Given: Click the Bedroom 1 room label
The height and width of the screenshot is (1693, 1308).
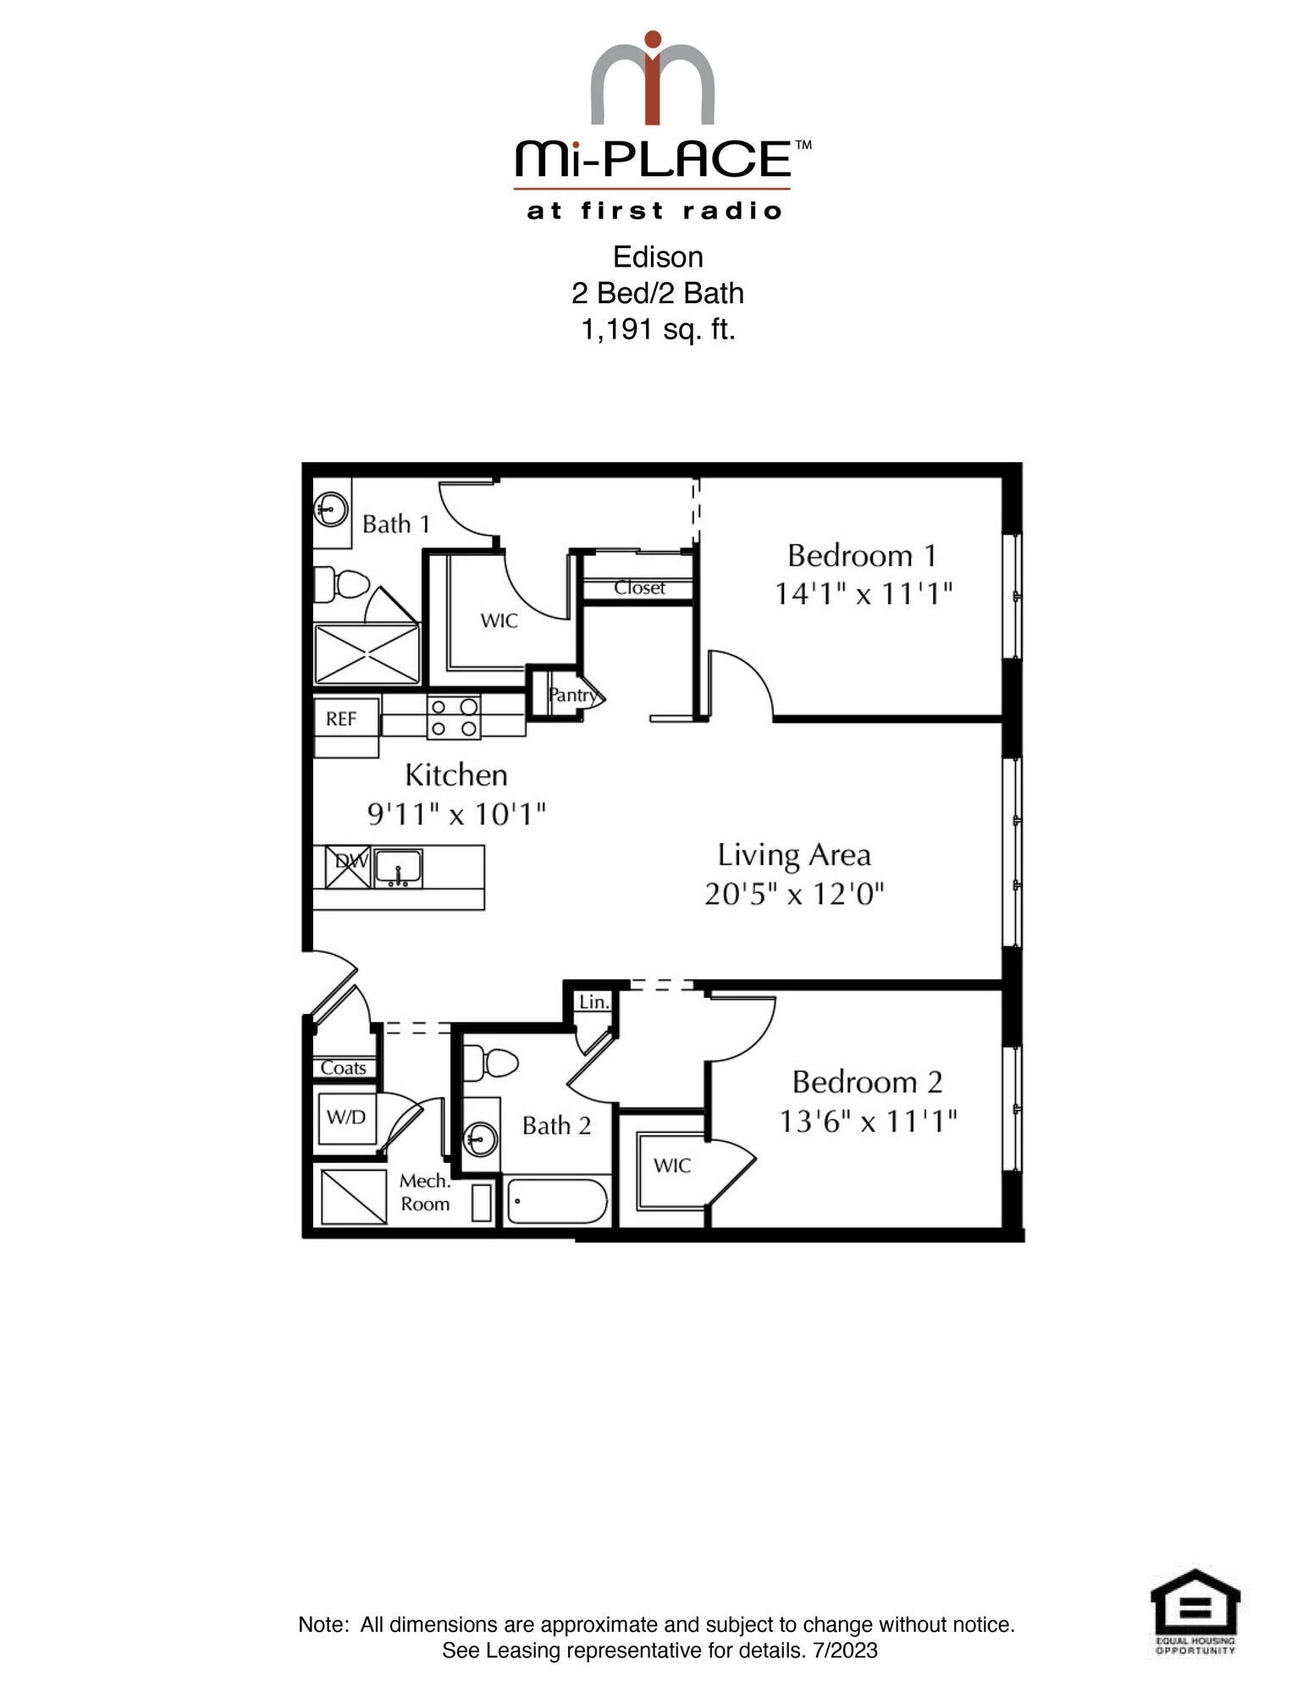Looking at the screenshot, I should click(x=862, y=556).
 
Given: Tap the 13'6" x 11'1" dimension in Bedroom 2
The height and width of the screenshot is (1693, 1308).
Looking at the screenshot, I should click(x=868, y=1122).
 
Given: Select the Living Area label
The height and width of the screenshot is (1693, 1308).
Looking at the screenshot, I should click(x=793, y=855).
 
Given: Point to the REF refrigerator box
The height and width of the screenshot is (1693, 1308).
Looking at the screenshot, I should click(x=343, y=720).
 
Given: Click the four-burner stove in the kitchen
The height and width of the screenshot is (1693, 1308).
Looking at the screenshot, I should click(x=453, y=717).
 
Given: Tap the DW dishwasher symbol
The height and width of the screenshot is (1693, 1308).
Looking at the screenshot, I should click(x=348, y=865).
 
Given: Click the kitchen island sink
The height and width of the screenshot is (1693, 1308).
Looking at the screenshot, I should click(x=398, y=868).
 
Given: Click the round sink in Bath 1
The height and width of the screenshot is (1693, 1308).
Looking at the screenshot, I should click(x=331, y=510).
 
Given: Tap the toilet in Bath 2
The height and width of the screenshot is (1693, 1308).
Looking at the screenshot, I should click(x=490, y=1063).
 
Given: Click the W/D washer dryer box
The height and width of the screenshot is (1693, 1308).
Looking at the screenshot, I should click(x=346, y=1117).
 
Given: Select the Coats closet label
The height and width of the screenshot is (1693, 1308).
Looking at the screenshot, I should click(x=343, y=1068).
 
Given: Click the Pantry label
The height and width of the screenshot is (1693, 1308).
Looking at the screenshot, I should click(x=572, y=695).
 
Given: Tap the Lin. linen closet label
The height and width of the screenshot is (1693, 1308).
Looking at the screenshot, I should click(x=593, y=1002).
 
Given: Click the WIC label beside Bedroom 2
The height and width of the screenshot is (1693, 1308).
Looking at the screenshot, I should click(x=671, y=1166).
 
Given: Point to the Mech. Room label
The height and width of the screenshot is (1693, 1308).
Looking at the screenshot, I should click(x=424, y=1192).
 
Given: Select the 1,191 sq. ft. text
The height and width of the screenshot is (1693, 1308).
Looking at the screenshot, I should click(x=657, y=328).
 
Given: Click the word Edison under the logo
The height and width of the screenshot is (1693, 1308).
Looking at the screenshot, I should click(x=657, y=256).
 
